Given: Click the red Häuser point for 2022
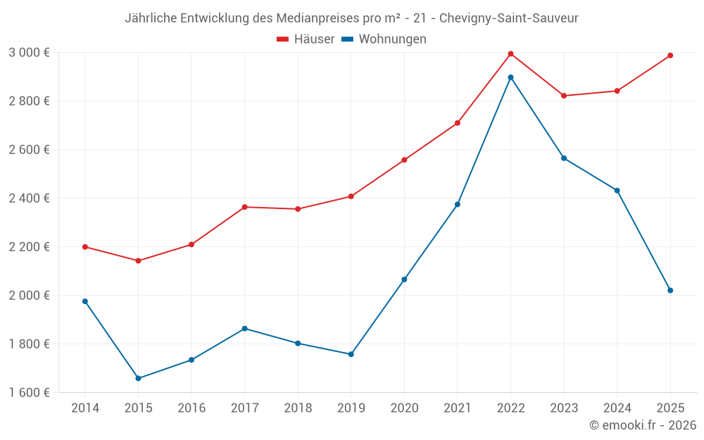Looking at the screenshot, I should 510,54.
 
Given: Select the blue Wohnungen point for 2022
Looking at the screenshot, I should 510,77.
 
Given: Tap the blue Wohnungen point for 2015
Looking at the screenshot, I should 138,378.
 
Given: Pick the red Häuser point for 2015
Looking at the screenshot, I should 138,260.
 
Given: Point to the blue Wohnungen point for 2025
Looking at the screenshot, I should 670,290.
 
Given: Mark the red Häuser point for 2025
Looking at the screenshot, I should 670,56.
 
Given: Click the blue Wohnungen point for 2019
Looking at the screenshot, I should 351,354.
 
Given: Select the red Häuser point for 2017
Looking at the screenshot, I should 244,207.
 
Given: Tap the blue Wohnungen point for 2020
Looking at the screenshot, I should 404,279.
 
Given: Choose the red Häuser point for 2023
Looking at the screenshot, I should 564,96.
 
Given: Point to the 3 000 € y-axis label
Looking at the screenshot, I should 29,53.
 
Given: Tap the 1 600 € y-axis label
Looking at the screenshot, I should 29,392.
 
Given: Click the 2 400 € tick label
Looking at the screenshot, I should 29,199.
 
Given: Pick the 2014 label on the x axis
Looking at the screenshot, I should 85,408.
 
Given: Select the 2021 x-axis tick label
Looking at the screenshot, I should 458,408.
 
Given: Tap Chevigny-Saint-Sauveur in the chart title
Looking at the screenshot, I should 508,18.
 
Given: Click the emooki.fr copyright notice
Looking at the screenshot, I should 642,425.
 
